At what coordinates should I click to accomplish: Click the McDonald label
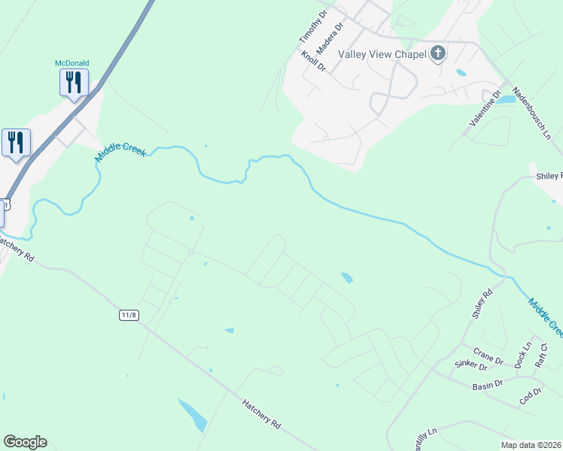(x=72, y=63)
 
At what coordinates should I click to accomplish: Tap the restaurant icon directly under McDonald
(x=74, y=82)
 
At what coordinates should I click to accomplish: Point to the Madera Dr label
(x=330, y=37)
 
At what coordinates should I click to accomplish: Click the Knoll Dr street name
(x=313, y=61)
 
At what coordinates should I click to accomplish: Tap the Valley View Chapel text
(x=382, y=53)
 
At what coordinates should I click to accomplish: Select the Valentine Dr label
(x=485, y=108)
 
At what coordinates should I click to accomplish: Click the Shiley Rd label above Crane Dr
(x=482, y=304)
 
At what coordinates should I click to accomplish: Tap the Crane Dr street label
(x=488, y=356)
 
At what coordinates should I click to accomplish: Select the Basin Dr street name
(x=488, y=385)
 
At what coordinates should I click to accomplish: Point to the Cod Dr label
(x=531, y=396)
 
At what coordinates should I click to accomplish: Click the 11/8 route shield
(x=129, y=315)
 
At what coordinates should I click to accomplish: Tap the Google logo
(x=25, y=442)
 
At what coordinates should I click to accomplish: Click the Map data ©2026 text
(x=530, y=445)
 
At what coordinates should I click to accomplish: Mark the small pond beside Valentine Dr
(x=507, y=99)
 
